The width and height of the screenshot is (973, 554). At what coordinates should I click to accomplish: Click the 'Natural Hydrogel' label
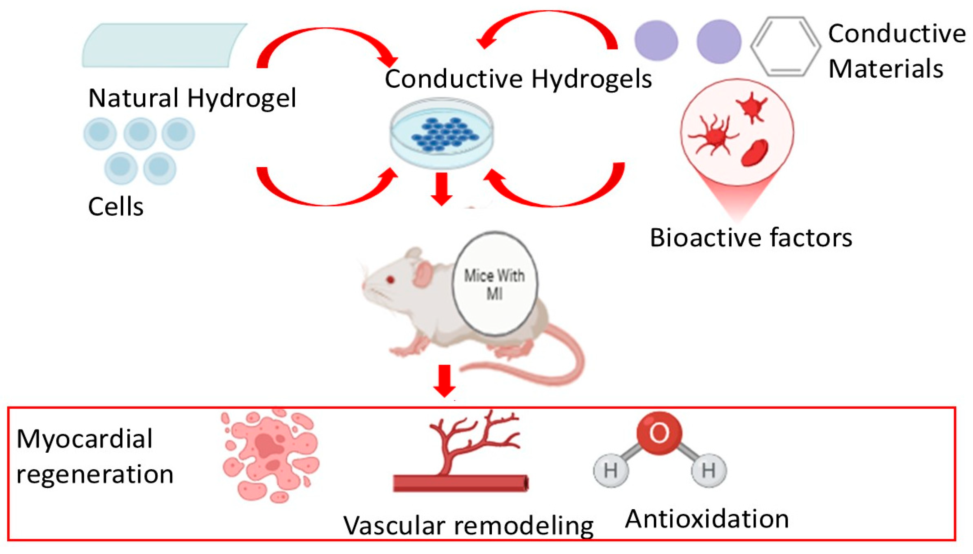tap(192, 98)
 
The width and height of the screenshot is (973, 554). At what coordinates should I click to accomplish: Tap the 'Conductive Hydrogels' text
tap(518, 79)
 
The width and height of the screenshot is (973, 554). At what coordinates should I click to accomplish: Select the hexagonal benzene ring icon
tap(785, 46)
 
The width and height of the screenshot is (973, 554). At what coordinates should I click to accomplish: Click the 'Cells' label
tap(115, 207)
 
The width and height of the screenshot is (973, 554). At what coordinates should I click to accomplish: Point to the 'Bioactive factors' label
tap(751, 238)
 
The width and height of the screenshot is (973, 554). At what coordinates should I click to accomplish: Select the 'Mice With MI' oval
tap(494, 284)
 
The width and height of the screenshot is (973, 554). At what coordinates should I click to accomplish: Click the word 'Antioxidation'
tap(707, 519)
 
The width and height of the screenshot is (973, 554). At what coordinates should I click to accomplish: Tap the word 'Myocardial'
tap(85, 439)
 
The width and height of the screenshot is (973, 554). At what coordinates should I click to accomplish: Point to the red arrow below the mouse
tap(444, 380)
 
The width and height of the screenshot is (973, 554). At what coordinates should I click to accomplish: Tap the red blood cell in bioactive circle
tap(755, 152)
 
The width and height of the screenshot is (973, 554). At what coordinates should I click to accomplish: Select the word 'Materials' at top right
tap(885, 69)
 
